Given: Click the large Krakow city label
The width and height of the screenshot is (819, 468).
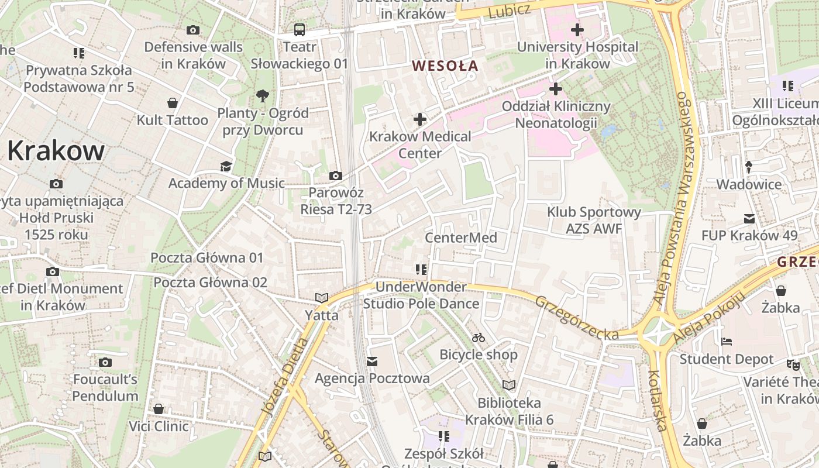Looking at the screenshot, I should point(56,151).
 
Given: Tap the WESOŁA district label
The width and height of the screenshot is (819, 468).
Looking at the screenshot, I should point(445,66).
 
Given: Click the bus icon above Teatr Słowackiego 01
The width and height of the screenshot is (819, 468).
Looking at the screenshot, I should point(299,30).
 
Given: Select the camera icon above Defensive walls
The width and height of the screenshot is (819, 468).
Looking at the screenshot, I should point(192,30).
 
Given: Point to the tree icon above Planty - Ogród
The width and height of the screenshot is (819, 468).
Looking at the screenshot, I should point(263,95).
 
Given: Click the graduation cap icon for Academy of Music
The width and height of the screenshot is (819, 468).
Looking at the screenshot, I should point(226,167).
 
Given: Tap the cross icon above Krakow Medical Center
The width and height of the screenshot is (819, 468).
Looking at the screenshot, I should point(419,120).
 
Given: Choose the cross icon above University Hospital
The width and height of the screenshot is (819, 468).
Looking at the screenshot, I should point(577,30).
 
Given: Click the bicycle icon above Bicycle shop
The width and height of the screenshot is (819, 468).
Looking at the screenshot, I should point(479,338).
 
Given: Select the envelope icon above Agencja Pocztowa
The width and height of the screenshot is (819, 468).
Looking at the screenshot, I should point(372,362).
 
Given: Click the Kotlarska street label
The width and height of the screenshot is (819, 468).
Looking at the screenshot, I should point(658,401).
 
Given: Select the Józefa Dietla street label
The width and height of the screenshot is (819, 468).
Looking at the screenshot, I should point(285,377).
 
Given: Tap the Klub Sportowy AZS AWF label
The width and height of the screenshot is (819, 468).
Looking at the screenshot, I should point(594,221).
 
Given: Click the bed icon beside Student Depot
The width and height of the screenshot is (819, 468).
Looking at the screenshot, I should point(727,342).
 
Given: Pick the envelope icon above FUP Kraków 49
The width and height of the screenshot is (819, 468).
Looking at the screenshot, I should point(749,219).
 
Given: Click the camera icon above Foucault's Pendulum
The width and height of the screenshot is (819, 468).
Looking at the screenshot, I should point(105,363).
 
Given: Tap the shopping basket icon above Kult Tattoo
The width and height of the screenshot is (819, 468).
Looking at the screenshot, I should point(173,104).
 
